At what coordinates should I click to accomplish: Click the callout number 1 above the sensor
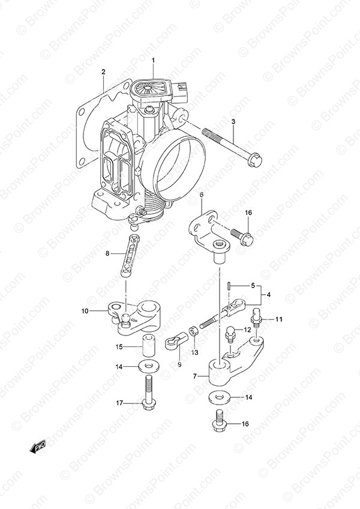153,61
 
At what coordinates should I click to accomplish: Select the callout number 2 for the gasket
103,72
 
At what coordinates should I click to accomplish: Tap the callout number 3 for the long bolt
233,122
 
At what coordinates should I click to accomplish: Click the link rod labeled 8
130,256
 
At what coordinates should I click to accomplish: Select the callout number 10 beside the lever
85,312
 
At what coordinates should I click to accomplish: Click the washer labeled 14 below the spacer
149,367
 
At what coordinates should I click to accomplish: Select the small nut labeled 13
193,333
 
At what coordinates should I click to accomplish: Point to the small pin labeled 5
229,285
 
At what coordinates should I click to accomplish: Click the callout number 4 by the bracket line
268,295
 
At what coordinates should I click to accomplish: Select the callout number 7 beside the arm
195,376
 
